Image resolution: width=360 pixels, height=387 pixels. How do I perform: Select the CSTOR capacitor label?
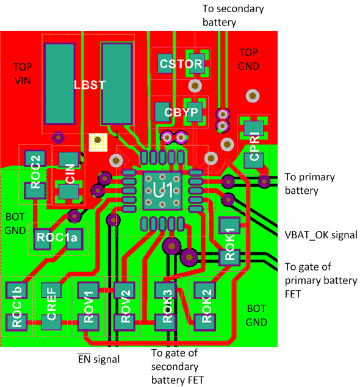pos(181,63)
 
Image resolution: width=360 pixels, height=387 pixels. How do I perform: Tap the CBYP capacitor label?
pos(181,112)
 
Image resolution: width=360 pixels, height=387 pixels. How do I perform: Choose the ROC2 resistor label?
pos(35,173)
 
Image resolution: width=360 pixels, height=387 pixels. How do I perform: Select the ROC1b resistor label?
pos(17,307)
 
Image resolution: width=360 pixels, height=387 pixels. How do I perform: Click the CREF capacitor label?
pos(51,307)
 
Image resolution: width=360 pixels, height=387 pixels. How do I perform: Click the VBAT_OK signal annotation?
pos(320,235)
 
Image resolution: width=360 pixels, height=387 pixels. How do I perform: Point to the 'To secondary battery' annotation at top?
pos(232,15)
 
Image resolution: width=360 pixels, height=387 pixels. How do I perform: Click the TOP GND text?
pos(249,59)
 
